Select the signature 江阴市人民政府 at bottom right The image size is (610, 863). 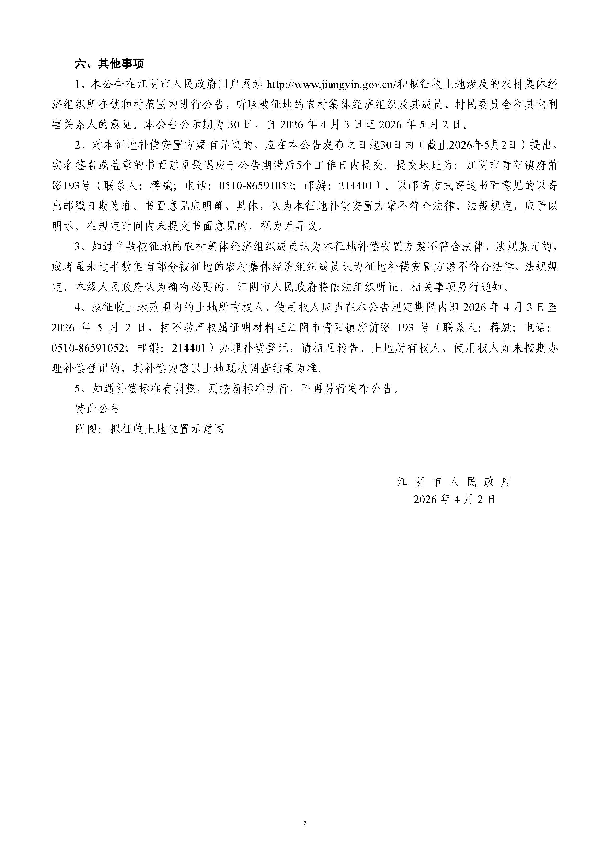pyautogui.click(x=455, y=482)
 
